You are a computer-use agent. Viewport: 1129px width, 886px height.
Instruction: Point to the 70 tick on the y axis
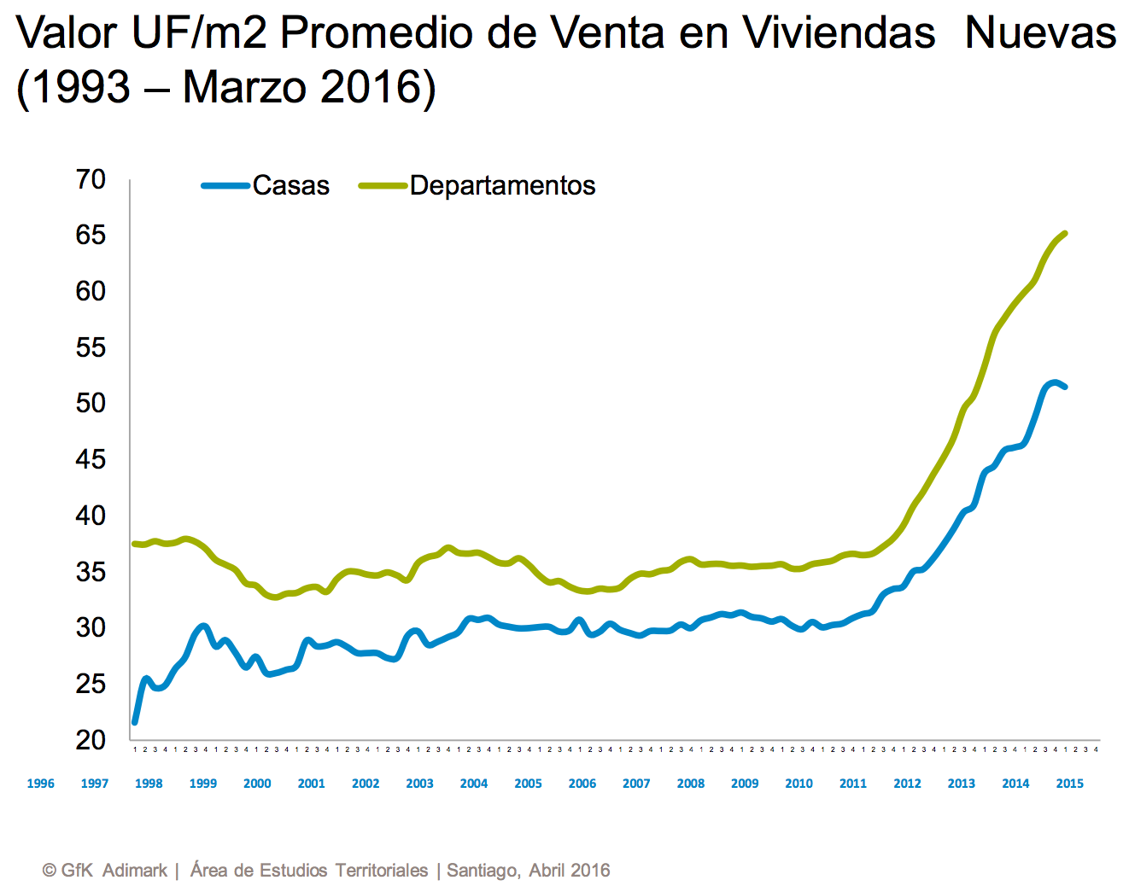click(91, 179)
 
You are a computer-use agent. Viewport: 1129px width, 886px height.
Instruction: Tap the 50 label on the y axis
click(91, 403)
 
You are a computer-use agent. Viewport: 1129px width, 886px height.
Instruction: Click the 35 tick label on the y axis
click(91, 571)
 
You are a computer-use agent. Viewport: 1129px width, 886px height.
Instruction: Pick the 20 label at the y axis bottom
click(91, 739)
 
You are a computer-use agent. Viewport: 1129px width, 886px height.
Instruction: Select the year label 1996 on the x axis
click(41, 784)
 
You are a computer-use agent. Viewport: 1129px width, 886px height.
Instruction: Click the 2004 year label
click(474, 784)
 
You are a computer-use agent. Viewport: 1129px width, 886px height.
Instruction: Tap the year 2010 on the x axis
click(798, 784)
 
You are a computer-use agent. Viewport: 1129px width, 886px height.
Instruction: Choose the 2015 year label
click(1069, 784)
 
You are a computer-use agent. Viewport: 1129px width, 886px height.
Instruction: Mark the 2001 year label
click(312, 784)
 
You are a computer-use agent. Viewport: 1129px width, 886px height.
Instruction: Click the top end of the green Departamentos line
click(1064, 233)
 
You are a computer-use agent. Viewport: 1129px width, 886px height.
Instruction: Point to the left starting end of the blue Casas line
click(135, 722)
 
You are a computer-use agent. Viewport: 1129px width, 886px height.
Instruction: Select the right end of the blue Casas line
click(1064, 387)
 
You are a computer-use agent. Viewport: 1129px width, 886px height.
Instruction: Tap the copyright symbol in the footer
click(50, 871)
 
